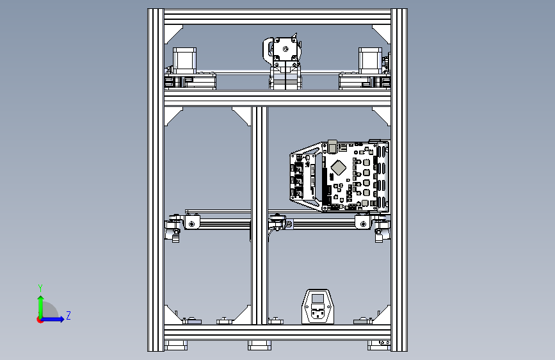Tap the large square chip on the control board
[x=339, y=168]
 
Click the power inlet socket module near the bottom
[x=318, y=307]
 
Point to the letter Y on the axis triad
[x=40, y=288]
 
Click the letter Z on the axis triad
[x=68, y=316]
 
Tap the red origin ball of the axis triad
[x=40, y=319]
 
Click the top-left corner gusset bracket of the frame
[x=175, y=31]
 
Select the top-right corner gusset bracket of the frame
[x=381, y=31]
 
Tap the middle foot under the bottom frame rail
[x=259, y=345]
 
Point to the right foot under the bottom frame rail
[x=378, y=345]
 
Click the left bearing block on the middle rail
[x=191, y=223]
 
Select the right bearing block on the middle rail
[x=363, y=223]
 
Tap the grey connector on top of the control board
[x=332, y=142]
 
